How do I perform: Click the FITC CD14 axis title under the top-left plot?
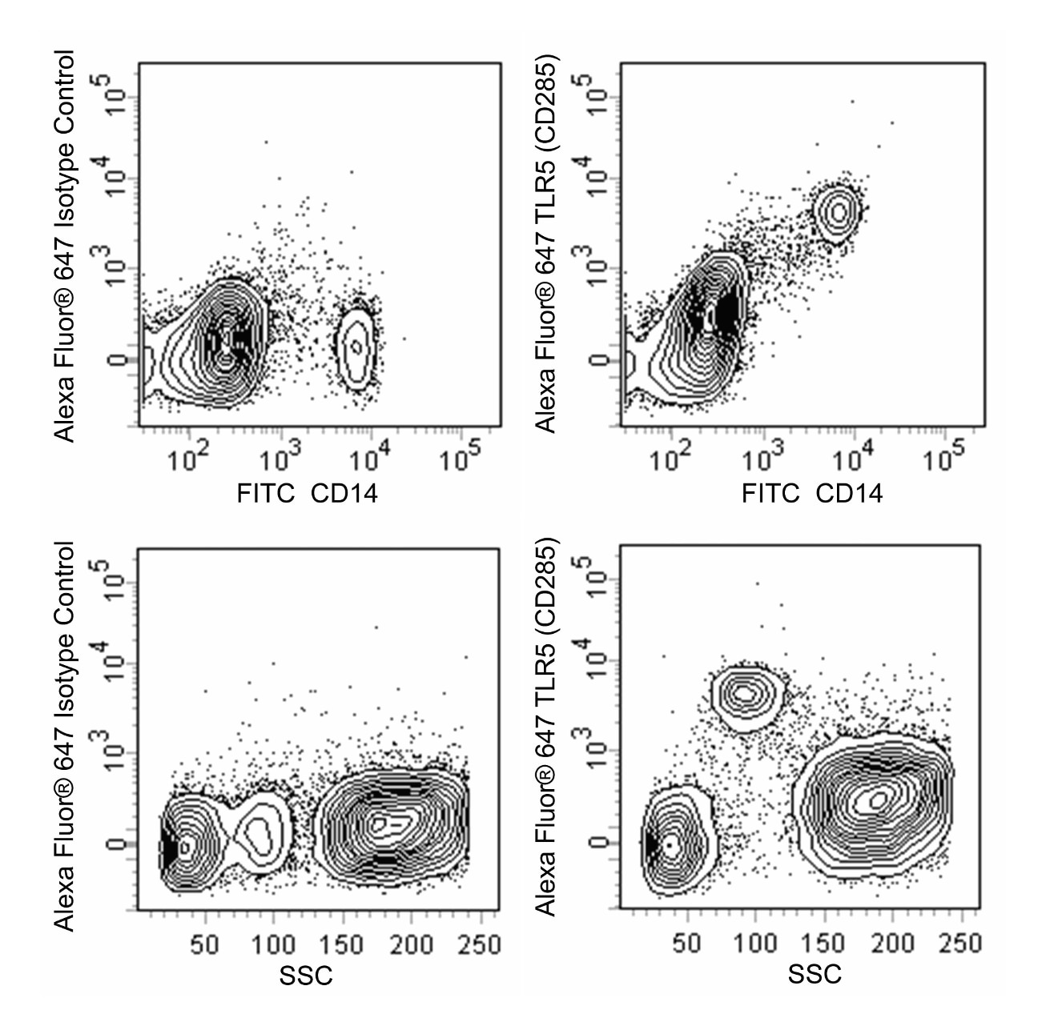pyautogui.click(x=307, y=493)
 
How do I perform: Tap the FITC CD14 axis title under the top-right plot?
pyautogui.click(x=812, y=493)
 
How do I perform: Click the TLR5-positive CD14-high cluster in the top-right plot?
pyautogui.click(x=839, y=211)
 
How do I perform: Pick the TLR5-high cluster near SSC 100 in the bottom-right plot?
pyautogui.click(x=746, y=693)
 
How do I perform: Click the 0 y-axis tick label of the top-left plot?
pyautogui.click(x=117, y=359)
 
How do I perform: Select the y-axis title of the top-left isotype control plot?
pyautogui.click(x=63, y=246)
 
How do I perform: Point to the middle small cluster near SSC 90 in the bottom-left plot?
pyautogui.click(x=259, y=832)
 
